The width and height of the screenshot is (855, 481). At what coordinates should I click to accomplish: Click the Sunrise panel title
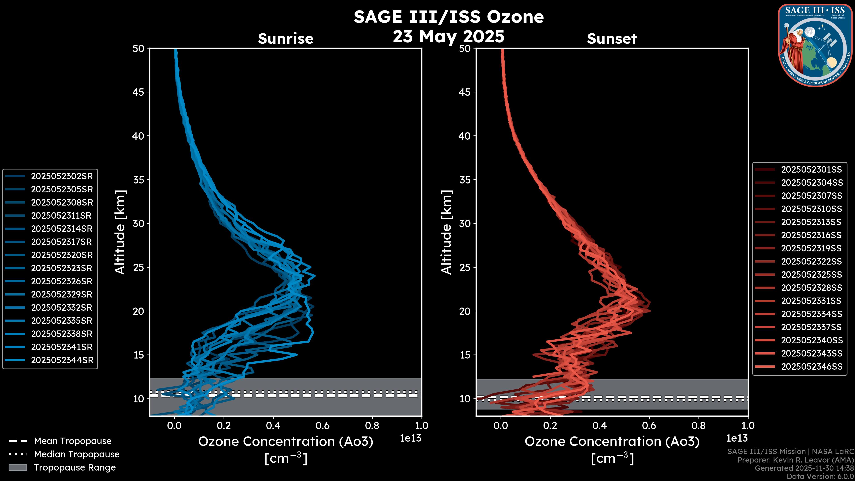tap(285, 39)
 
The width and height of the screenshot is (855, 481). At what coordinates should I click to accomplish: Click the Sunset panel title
tap(612, 39)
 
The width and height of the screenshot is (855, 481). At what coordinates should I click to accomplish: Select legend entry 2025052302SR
tap(62, 176)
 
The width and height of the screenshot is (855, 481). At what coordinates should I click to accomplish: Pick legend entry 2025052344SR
tap(62, 360)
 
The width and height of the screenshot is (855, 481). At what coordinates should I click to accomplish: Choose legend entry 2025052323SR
tap(62, 268)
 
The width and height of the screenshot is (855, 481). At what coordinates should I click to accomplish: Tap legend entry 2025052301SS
tap(811, 170)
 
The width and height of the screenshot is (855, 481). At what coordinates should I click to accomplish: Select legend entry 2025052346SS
tap(812, 367)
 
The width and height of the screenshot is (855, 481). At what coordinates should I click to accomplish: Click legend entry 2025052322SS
tap(811, 262)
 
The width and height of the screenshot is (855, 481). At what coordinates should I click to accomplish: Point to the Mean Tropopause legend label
tap(73, 441)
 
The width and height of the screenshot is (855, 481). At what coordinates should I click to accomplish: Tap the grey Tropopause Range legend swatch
tap(18, 467)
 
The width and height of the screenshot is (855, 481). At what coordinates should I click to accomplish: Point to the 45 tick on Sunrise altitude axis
tap(138, 92)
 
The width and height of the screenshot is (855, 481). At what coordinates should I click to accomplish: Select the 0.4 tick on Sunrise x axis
tap(273, 426)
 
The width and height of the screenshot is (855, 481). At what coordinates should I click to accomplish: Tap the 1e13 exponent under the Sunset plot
tap(737, 438)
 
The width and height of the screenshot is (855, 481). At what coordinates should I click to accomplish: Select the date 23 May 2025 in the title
tap(448, 37)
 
